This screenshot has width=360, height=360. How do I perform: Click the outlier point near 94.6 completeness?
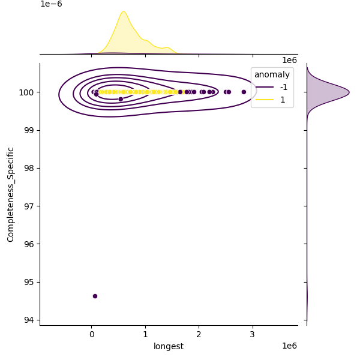click(x=95, y=296)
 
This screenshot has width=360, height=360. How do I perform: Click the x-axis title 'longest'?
click(x=169, y=346)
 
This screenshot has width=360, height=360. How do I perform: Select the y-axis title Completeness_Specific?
click(x=10, y=194)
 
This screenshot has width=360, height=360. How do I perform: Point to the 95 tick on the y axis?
click(x=31, y=282)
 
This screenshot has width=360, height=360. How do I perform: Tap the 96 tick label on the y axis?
click(x=31, y=244)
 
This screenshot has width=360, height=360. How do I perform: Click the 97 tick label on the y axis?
click(x=31, y=206)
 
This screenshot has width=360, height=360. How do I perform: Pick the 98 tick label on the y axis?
click(x=31, y=168)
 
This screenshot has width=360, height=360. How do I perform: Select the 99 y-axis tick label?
click(x=31, y=130)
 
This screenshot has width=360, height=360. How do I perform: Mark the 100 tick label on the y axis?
click(x=28, y=92)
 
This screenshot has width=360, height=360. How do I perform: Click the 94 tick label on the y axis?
click(x=31, y=320)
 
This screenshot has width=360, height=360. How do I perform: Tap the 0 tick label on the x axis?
click(x=91, y=334)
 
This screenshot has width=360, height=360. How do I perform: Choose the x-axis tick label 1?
click(x=145, y=334)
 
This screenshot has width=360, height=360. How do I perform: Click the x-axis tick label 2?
click(x=199, y=334)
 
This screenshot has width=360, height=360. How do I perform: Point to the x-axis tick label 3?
click(x=252, y=334)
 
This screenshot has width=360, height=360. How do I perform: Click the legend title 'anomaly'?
click(x=272, y=74)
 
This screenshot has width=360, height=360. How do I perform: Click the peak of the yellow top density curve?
click(x=123, y=11)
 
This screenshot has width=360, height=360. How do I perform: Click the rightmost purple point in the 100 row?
click(x=244, y=92)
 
